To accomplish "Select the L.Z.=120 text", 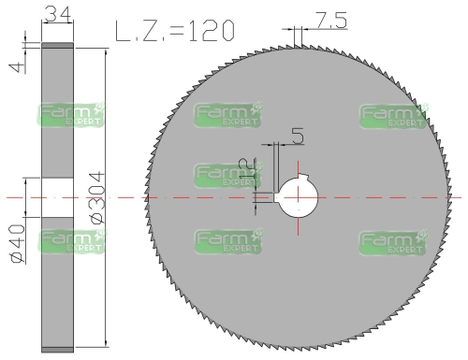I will pyautogui.click(x=174, y=31).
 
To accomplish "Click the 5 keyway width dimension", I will pyautogui.click(x=297, y=137).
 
